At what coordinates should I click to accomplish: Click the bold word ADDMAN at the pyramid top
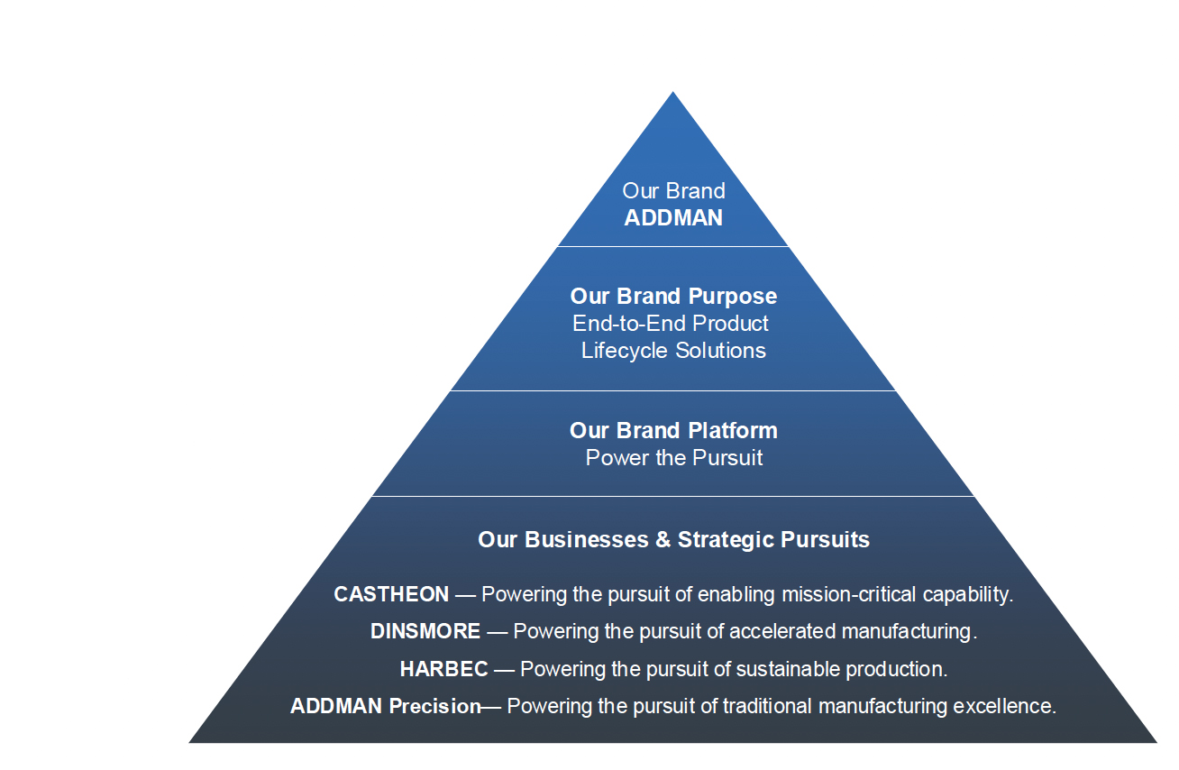point(673,218)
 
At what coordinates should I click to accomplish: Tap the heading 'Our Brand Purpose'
point(673,297)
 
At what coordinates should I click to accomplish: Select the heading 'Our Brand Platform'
point(673,430)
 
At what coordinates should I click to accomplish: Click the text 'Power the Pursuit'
point(673,458)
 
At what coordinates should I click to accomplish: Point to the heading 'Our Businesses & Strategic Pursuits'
point(673,540)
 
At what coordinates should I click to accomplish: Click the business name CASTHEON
point(391,595)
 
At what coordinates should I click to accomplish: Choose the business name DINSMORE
point(425,631)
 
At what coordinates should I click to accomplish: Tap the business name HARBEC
point(443,670)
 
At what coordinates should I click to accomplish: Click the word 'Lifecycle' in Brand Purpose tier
point(625,351)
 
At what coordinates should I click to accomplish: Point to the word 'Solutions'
point(720,351)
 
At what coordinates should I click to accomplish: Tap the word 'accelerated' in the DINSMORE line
point(782,631)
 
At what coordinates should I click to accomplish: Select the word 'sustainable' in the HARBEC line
point(787,670)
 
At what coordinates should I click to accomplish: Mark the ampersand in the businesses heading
point(663,539)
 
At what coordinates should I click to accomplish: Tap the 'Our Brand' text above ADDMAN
point(673,191)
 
